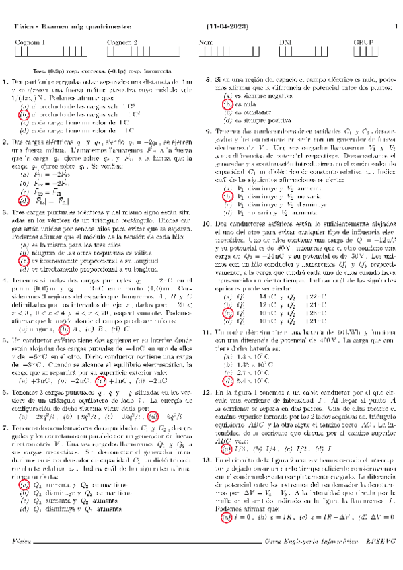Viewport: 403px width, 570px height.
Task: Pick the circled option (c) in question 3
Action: point(24,242)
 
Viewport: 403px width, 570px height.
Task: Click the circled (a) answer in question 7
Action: point(24,447)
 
